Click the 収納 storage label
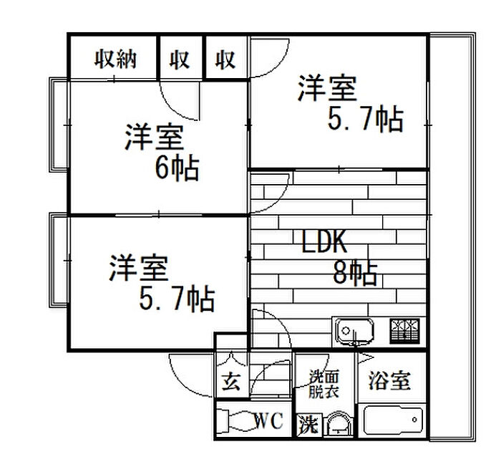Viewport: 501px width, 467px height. [x=116, y=60]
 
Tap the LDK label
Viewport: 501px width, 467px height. [x=324, y=244]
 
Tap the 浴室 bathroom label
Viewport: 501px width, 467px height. [x=389, y=381]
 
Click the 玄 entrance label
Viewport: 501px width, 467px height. [x=230, y=382]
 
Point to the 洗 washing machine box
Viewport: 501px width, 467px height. [x=308, y=424]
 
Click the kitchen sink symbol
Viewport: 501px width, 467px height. [x=353, y=332]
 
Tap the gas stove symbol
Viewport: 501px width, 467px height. [x=405, y=332]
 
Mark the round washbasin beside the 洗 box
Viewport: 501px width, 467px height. [x=337, y=425]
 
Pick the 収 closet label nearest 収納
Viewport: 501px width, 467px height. [x=180, y=60]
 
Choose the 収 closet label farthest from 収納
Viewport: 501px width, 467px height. [x=225, y=60]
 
